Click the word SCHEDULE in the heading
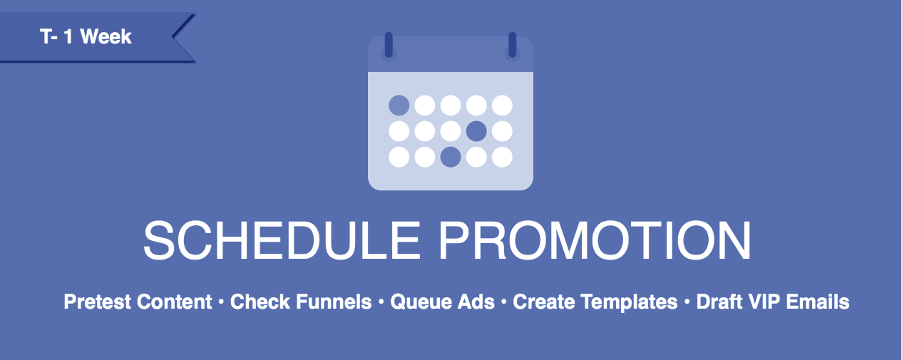tap(282, 240)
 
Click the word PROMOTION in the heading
tap(595, 240)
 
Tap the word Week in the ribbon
tap(106, 36)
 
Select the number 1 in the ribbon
tap(68, 36)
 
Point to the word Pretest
tap(98, 302)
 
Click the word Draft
tap(719, 302)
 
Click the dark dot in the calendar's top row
tap(399, 106)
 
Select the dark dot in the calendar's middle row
tap(476, 131)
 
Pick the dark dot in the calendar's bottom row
tap(451, 157)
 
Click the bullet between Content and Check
tap(221, 302)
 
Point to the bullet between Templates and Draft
tap(687, 302)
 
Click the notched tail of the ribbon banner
tap(183, 37)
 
